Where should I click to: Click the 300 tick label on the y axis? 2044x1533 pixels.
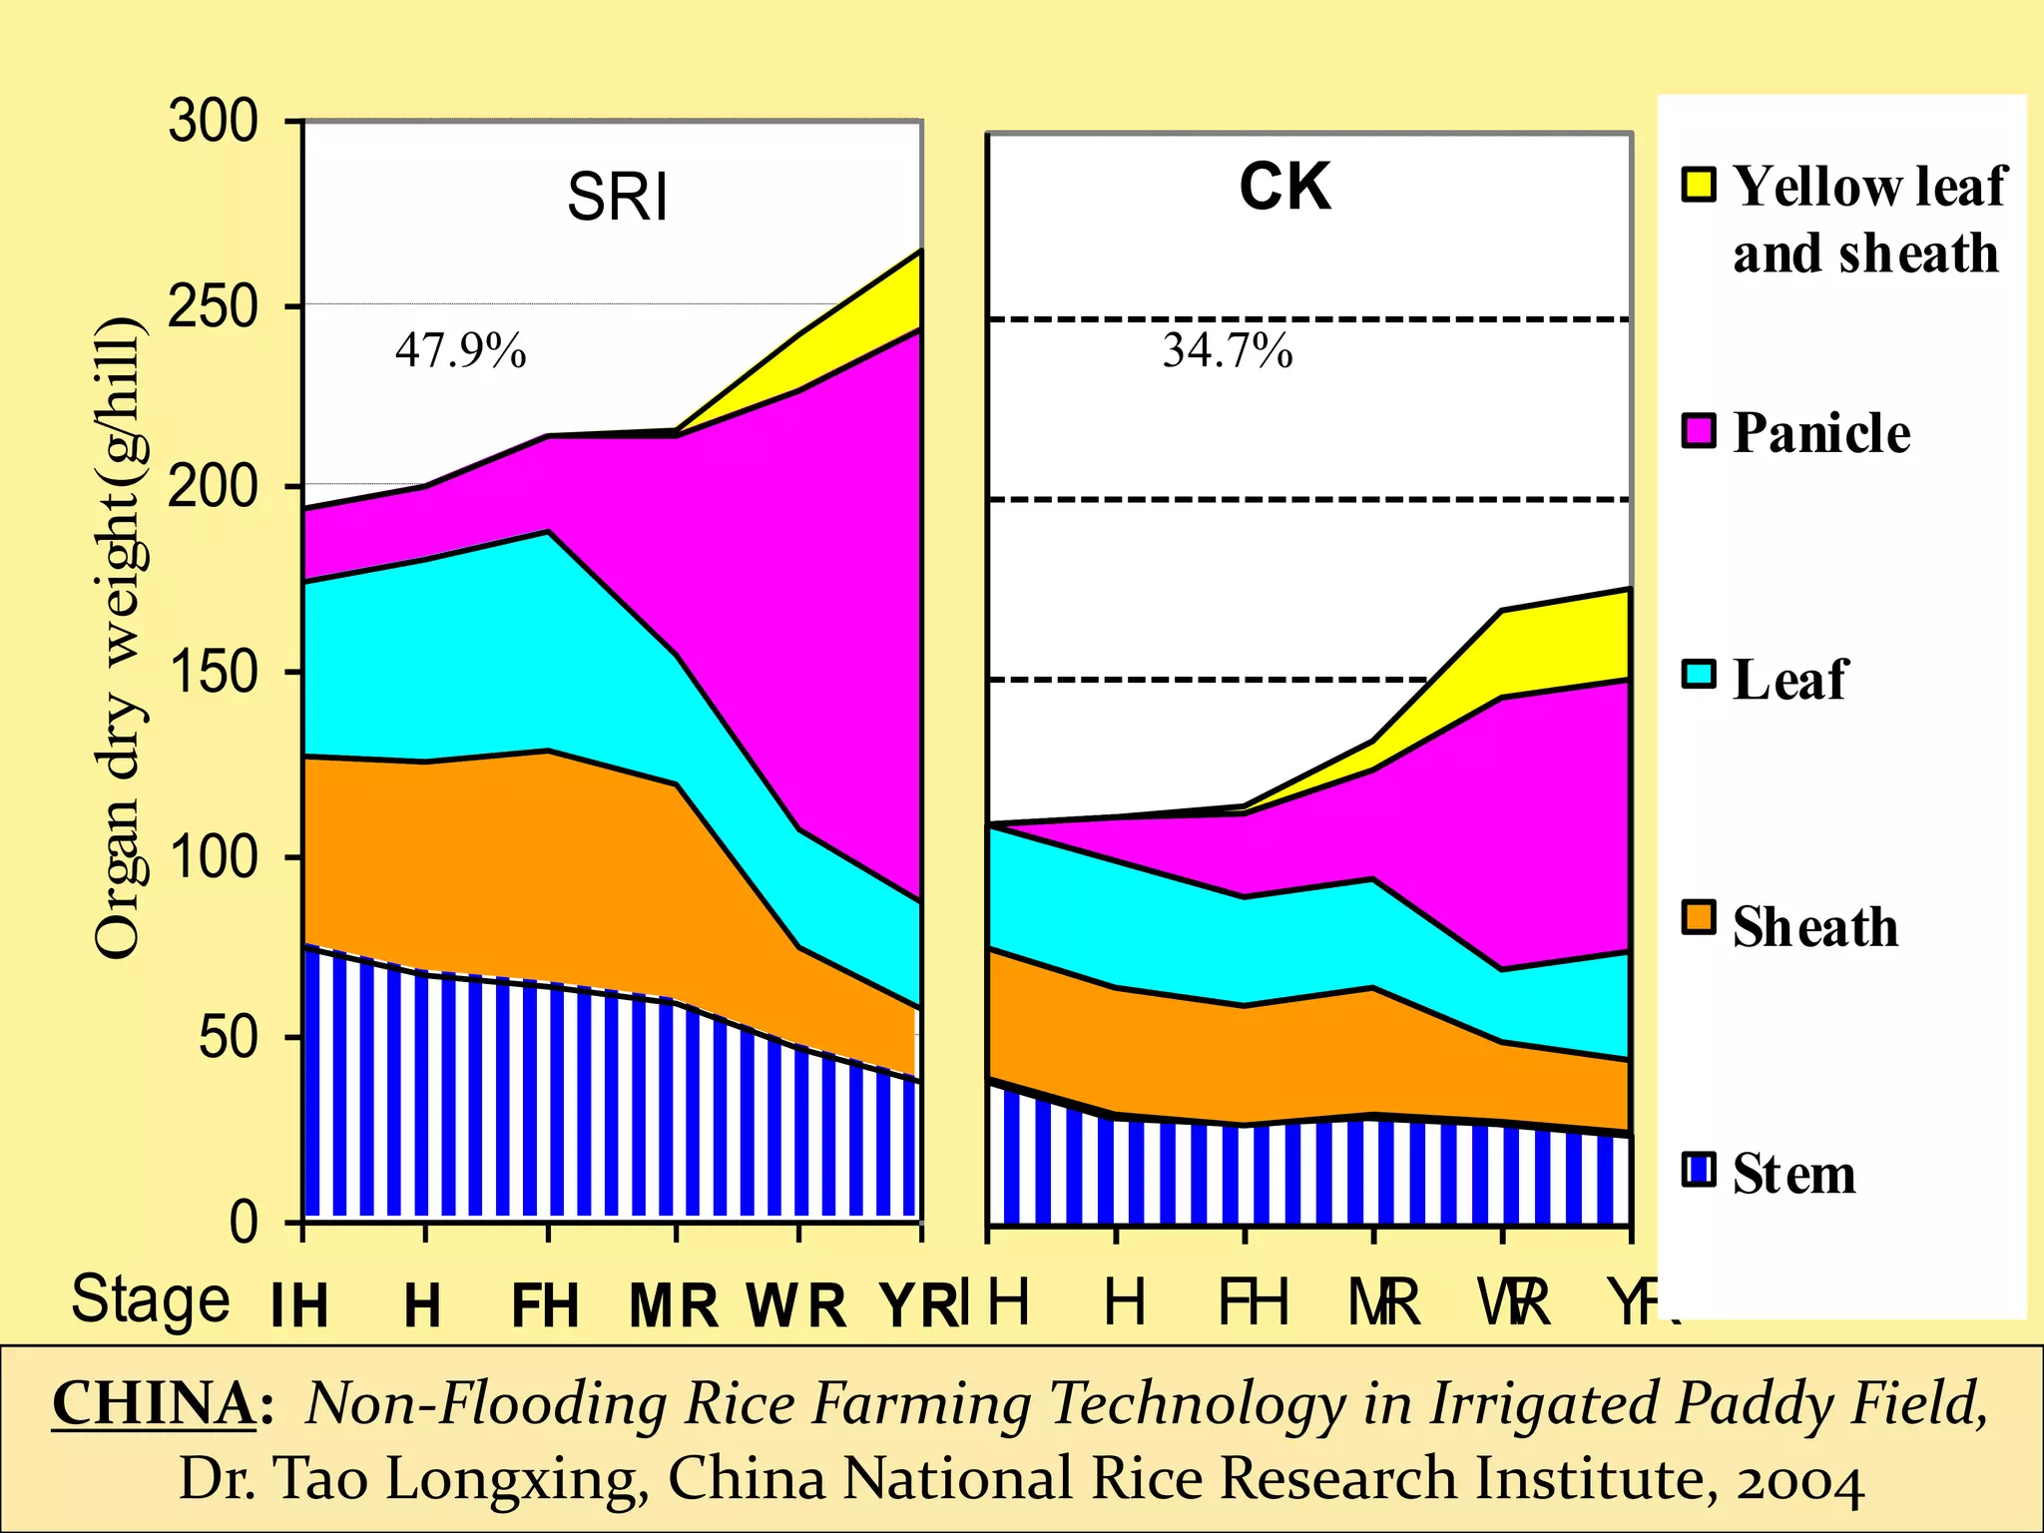click(x=213, y=123)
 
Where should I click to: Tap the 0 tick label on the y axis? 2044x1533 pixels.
click(x=244, y=1222)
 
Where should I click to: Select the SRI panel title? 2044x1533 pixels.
click(x=617, y=197)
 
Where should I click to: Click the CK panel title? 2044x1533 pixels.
click(x=1284, y=187)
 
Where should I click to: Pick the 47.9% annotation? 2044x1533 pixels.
click(x=460, y=350)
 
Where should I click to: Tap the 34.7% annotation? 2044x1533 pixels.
click(x=1227, y=350)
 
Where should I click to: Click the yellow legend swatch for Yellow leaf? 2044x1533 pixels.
click(x=1698, y=185)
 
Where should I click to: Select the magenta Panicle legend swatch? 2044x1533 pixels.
click(x=1698, y=431)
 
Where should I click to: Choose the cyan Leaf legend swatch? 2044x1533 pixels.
click(x=1698, y=676)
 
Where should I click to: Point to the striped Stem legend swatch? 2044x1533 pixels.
click(x=1698, y=1169)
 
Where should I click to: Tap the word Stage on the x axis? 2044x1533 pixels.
click(x=151, y=1299)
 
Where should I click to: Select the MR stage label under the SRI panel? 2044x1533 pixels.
click(x=674, y=1305)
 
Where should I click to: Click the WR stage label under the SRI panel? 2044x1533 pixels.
click(x=795, y=1305)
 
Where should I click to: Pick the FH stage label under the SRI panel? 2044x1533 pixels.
click(x=545, y=1305)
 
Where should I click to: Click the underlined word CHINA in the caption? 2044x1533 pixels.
click(x=154, y=1403)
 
